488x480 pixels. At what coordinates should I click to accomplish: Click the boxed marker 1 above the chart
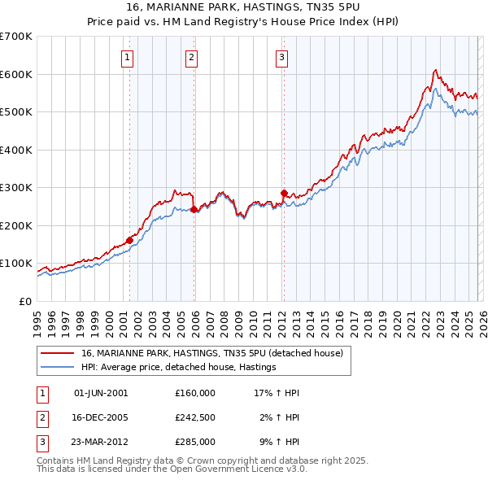[129, 57]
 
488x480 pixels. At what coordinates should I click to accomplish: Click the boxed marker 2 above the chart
[190, 57]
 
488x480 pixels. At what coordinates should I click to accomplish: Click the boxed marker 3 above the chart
[281, 57]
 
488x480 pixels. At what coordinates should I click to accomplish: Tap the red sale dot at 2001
[129, 240]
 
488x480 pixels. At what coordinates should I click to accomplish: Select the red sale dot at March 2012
[284, 193]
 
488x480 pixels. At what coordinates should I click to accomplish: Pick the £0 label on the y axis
[24, 301]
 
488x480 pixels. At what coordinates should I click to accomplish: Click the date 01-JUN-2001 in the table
[101, 393]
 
